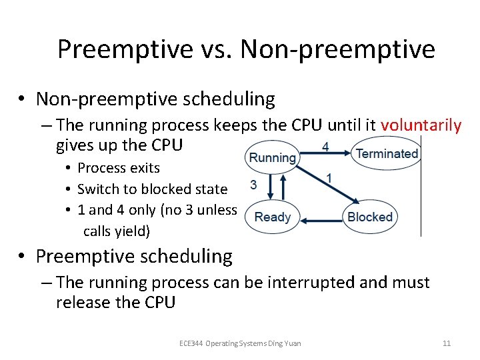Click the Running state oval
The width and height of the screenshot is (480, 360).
(272, 157)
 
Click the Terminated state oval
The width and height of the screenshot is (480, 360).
(387, 154)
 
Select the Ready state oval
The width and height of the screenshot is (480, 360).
(273, 217)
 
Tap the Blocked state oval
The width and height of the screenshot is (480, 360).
(370, 217)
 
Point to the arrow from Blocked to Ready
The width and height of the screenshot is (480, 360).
(320, 217)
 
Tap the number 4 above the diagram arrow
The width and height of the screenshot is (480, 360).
(325, 146)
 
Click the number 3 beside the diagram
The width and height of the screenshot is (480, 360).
(253, 185)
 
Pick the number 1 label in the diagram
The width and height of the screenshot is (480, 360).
(329, 178)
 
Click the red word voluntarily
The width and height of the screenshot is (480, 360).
(421, 125)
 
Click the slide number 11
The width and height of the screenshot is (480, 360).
(447, 343)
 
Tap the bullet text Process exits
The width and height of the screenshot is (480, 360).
(119, 167)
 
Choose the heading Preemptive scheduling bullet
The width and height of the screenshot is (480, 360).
(134, 256)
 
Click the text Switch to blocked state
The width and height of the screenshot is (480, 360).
(152, 189)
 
